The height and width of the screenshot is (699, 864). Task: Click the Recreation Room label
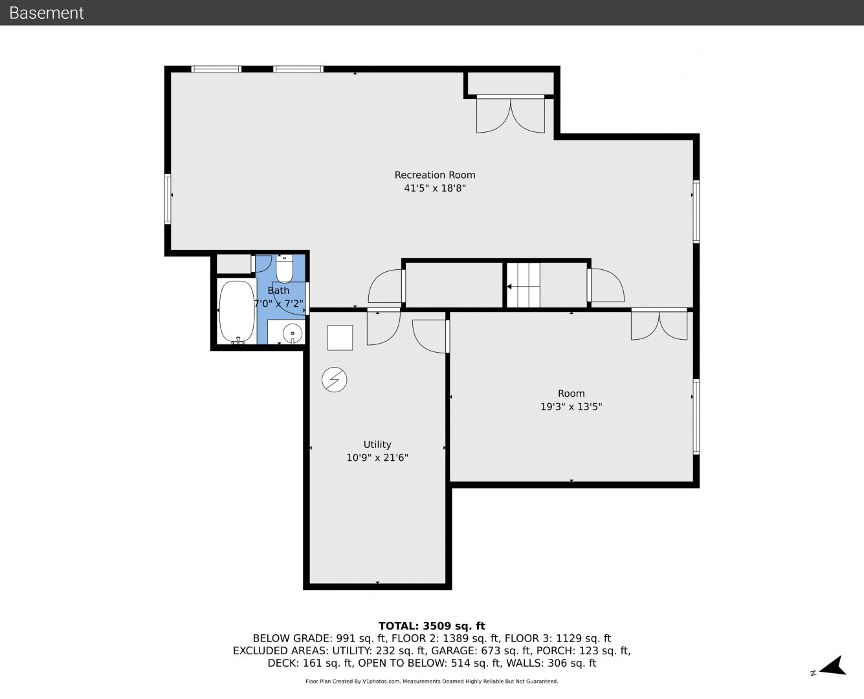[x=435, y=175]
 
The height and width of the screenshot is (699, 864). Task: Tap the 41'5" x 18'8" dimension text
[x=435, y=188]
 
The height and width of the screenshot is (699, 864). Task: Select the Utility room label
[x=377, y=445]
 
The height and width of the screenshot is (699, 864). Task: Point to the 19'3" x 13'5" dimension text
[x=571, y=406]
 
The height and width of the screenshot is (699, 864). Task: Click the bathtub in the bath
[x=237, y=312]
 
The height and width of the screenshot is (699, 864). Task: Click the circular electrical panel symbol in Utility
[x=334, y=380]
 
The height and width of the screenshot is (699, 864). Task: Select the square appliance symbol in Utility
[x=340, y=338]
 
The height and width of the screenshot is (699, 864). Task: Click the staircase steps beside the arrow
[x=524, y=285]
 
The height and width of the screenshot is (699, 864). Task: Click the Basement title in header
[x=46, y=13]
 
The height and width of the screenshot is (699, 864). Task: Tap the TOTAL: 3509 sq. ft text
[x=432, y=626]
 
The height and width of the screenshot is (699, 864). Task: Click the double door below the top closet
[x=510, y=115]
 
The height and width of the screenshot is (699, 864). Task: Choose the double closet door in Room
[x=659, y=325]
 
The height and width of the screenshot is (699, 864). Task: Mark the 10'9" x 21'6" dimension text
[x=377, y=458]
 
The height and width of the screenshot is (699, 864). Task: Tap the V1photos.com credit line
[x=432, y=682]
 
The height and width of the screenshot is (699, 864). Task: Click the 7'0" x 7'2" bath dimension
[x=279, y=304]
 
